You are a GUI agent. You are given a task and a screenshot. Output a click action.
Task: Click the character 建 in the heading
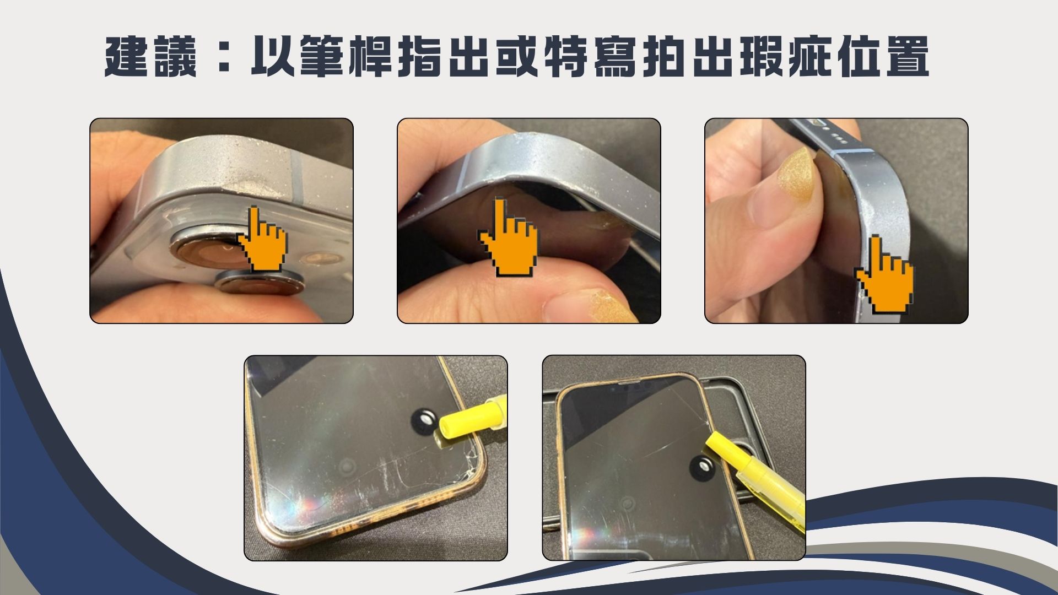(126, 57)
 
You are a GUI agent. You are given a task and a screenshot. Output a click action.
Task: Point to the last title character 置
(906, 57)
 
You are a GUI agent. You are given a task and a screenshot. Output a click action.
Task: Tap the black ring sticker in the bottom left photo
(425, 422)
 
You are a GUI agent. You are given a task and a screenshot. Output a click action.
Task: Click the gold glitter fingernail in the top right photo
(797, 174)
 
